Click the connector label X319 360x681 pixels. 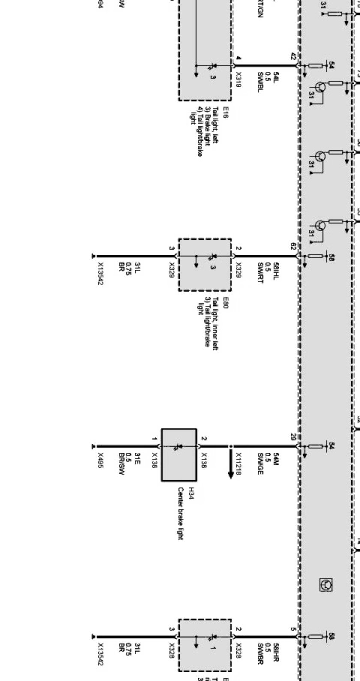click(x=238, y=79)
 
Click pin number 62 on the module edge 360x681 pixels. click(x=294, y=246)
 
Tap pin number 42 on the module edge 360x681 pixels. click(x=294, y=56)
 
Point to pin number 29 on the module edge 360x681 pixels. click(x=294, y=436)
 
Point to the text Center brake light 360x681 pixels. click(x=180, y=513)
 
